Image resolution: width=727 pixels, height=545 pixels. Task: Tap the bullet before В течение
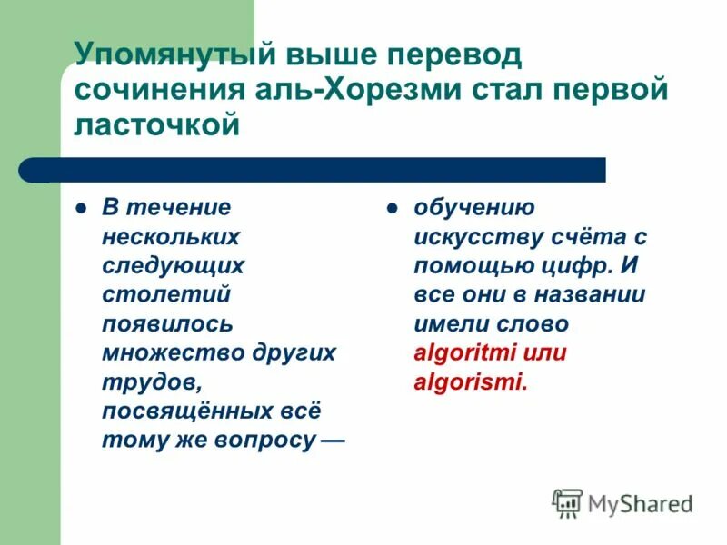tap(81, 207)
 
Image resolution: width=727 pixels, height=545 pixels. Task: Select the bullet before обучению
tap(393, 207)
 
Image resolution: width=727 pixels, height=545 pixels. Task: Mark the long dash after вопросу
tap(333, 440)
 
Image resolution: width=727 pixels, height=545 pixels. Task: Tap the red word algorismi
tap(470, 381)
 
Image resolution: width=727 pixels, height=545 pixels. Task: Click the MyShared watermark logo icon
tap(567, 502)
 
